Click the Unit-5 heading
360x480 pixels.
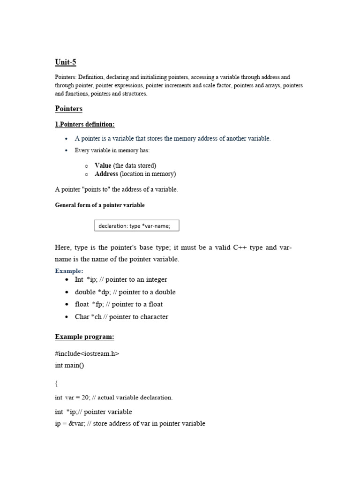(x=65, y=62)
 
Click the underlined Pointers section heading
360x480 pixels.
(x=68, y=109)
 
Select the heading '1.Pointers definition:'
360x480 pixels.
(x=85, y=124)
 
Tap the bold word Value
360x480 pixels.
(x=103, y=165)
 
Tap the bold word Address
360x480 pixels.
(x=106, y=174)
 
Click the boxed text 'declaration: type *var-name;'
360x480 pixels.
(x=136, y=226)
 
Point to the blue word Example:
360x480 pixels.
(x=69, y=271)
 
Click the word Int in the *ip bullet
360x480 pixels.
(x=79, y=279)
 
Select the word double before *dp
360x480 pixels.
(x=85, y=292)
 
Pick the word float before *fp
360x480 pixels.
(x=82, y=304)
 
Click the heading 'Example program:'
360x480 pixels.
(x=84, y=337)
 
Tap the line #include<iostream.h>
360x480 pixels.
(x=87, y=353)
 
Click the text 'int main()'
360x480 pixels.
(x=69, y=365)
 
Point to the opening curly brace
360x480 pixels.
(x=56, y=383)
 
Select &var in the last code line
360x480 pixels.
(x=74, y=424)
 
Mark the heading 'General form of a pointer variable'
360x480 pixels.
(x=100, y=205)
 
